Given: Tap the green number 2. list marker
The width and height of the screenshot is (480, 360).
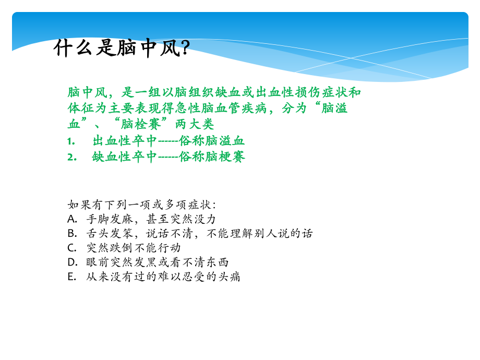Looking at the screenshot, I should tap(71, 157).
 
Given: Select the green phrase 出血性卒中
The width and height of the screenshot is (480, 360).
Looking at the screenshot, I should tap(125, 141).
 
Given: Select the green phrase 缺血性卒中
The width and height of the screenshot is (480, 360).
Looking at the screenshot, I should tap(125, 157).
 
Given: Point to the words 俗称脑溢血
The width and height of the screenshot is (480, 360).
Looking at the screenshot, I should tap(212, 141).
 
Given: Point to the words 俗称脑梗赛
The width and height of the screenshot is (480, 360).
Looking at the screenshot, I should tap(212, 157).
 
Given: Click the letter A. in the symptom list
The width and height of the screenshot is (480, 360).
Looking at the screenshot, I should tap(73, 219).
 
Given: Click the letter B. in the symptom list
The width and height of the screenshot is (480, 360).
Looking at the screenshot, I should tap(73, 233).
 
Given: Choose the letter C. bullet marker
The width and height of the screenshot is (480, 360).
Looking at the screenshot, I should tap(73, 248).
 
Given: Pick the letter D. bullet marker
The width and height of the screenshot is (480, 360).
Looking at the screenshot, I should tap(73, 262).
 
